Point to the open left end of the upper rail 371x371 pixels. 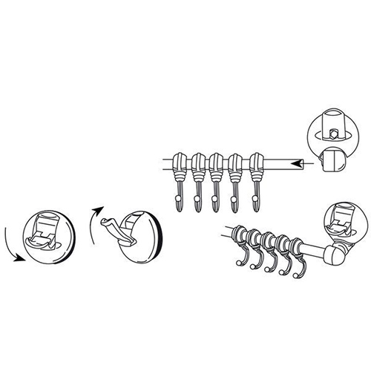[165, 160]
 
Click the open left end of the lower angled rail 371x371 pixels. [224, 230]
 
